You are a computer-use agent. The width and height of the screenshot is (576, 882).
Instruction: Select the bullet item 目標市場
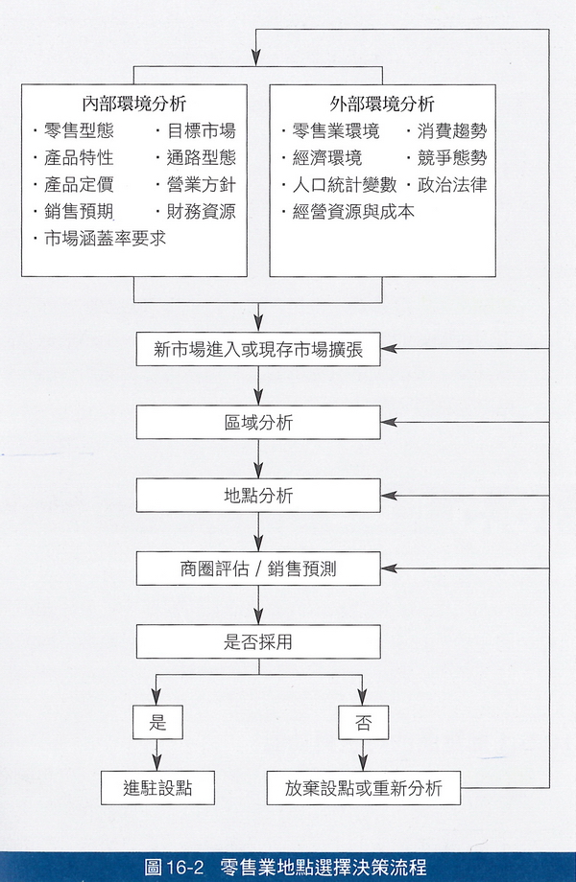201,131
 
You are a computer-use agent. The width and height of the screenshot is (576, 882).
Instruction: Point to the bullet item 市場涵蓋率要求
105,238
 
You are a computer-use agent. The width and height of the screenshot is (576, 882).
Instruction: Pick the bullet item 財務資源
201,211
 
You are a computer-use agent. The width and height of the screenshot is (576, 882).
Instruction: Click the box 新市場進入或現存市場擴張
258,349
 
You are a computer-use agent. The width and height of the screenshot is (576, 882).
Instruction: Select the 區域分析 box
258,423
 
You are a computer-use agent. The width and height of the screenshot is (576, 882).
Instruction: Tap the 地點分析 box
258,496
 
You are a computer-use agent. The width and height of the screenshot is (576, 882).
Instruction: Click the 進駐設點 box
157,789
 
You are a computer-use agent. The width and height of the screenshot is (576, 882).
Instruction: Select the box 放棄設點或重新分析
363,789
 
